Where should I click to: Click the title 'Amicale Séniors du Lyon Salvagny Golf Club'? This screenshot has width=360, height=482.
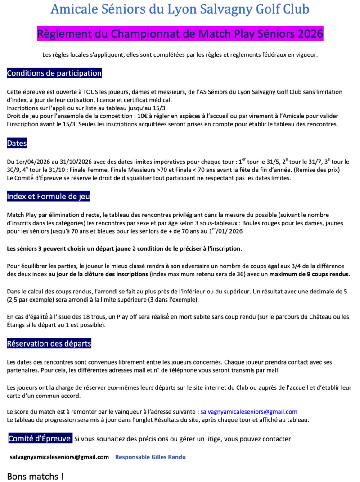[180, 9]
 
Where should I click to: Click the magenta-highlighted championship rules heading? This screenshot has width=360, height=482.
[180, 33]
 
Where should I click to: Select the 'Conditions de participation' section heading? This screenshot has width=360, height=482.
[54, 73]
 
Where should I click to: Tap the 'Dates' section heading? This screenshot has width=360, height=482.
[17, 144]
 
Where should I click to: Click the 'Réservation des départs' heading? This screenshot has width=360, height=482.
[49, 344]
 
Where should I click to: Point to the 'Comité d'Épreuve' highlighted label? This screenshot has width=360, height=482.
[40, 438]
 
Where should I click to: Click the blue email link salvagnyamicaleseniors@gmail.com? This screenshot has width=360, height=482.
[248, 411]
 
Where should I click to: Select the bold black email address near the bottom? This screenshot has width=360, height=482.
[59, 457]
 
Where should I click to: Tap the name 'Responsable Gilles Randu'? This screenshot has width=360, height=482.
[150, 457]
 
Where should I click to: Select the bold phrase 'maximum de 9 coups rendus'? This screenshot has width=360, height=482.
[309, 274]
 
